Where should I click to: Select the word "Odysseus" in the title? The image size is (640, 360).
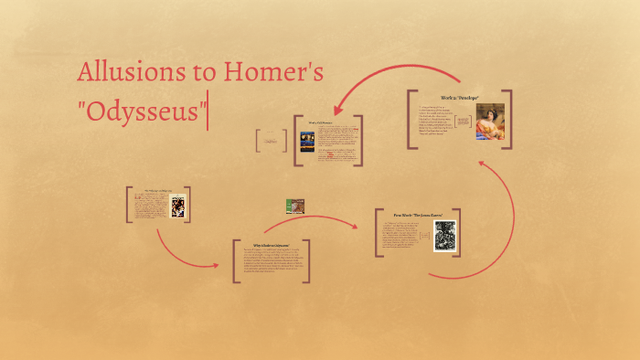pyautogui.click(x=142, y=115)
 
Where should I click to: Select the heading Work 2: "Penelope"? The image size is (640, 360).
pyautogui.click(x=459, y=96)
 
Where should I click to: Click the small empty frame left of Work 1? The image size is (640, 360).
pyautogui.click(x=272, y=140)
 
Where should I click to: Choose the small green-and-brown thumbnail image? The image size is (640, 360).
pyautogui.click(x=294, y=206)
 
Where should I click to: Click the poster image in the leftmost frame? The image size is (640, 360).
pyautogui.click(x=177, y=205)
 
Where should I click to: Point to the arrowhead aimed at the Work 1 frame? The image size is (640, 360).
pyautogui.click(x=337, y=111)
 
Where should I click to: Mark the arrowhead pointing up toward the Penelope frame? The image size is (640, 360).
pyautogui.click(x=484, y=164)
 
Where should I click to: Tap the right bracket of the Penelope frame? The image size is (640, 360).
pyautogui.click(x=508, y=119)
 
